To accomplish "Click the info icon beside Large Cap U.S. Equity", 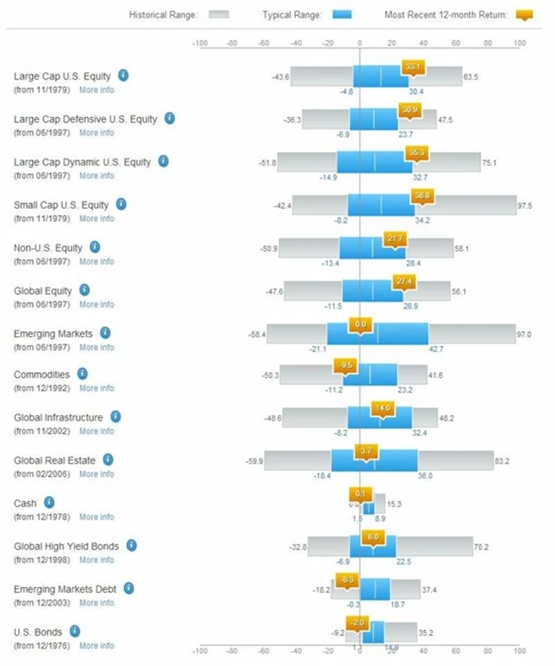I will coord(123,75).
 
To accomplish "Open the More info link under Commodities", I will coord(96,388).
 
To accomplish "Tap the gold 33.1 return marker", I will coord(413,67).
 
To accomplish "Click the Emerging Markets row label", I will coord(53,333).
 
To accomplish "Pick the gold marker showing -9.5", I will coord(347,365).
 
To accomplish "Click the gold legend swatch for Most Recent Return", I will coord(523,15).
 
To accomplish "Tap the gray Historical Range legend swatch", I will coord(219,15).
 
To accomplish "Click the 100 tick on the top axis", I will coord(519,42).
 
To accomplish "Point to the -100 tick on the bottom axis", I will coord(199,649).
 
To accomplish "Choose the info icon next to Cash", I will coord(49,502).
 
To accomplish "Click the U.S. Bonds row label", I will coord(38,632).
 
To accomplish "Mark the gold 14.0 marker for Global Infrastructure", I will coord(382,408).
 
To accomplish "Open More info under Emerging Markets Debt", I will coord(96,603).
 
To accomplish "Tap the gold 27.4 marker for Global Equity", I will coord(403,281).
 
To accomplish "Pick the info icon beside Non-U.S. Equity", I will coord(95,247).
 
